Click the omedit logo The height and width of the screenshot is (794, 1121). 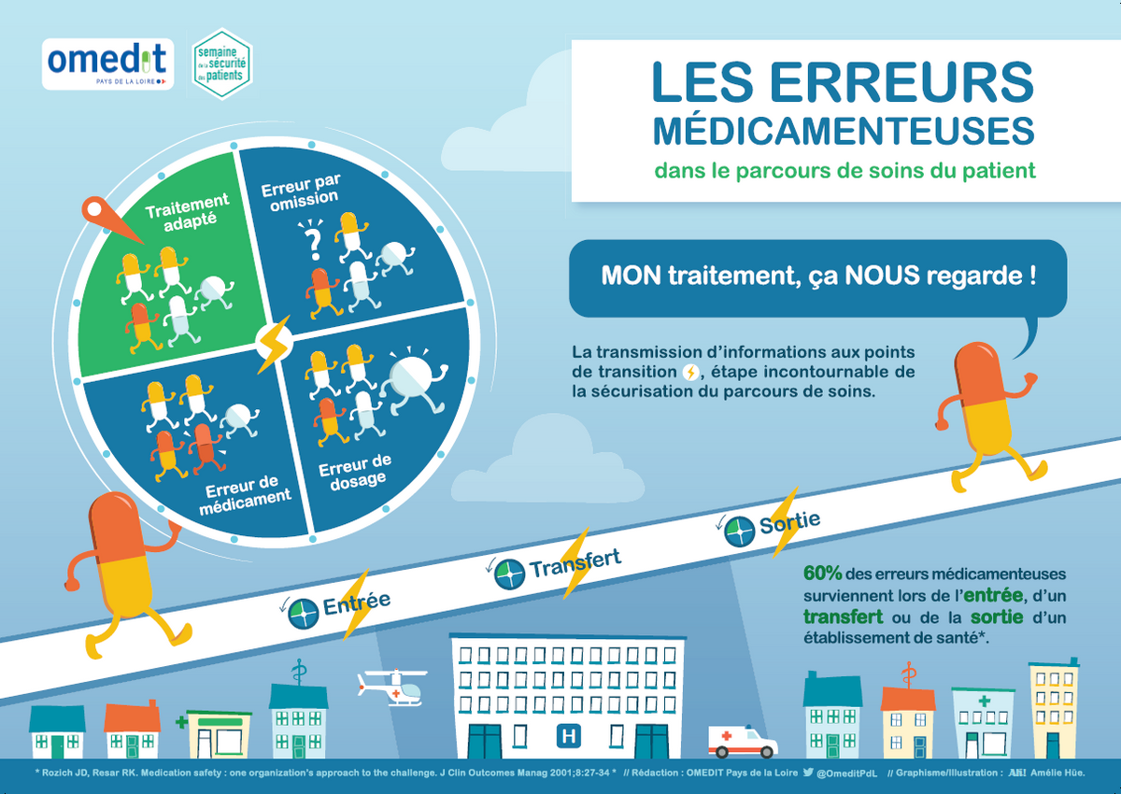[x=107, y=64]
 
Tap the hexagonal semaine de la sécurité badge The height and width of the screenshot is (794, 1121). [x=221, y=64]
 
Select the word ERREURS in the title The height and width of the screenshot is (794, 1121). [x=901, y=83]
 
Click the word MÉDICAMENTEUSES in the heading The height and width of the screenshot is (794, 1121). [x=844, y=131]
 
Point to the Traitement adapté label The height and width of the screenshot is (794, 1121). [x=188, y=212]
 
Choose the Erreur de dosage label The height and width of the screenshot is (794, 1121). [x=356, y=473]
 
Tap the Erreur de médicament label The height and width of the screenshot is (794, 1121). [x=244, y=494]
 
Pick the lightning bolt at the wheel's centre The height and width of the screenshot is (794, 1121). [x=274, y=344]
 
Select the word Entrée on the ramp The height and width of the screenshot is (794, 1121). [x=356, y=603]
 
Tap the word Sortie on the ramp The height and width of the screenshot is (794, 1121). [x=789, y=523]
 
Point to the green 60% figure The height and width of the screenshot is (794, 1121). [x=823, y=574]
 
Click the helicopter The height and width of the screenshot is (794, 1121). [x=392, y=687]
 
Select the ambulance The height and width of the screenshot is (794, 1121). [x=743, y=741]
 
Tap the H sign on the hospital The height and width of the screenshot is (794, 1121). [x=569, y=736]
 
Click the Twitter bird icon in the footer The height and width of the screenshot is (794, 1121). [x=808, y=772]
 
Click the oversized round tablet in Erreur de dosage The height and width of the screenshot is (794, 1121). [x=411, y=378]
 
